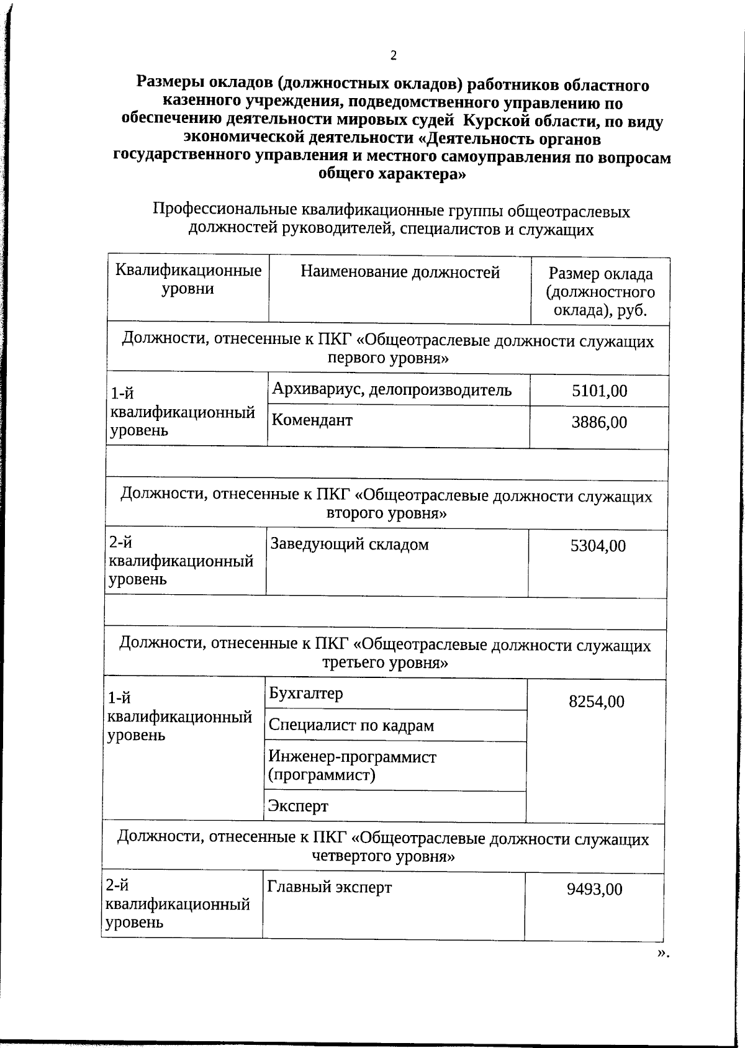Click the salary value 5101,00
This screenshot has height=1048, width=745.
[x=599, y=391]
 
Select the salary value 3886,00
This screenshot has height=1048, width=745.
[x=599, y=422]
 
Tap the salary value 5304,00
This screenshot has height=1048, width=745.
[x=598, y=546]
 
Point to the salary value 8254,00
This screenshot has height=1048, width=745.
[x=596, y=702]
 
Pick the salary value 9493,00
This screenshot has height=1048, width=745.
[x=594, y=889]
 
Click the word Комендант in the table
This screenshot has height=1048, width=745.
[x=312, y=420]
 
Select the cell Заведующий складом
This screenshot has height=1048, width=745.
[x=350, y=544]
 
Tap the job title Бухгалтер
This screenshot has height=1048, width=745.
[x=305, y=693]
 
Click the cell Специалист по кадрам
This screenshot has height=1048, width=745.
[x=351, y=725]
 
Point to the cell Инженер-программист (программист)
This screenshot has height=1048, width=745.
[x=352, y=766]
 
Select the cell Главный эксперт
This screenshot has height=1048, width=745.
[x=329, y=887]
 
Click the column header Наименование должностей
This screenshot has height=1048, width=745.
[x=400, y=272]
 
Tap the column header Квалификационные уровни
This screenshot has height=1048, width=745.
[x=188, y=279]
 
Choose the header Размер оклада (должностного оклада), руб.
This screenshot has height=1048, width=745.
[x=600, y=291]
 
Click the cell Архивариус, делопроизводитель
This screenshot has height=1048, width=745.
[x=392, y=389]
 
